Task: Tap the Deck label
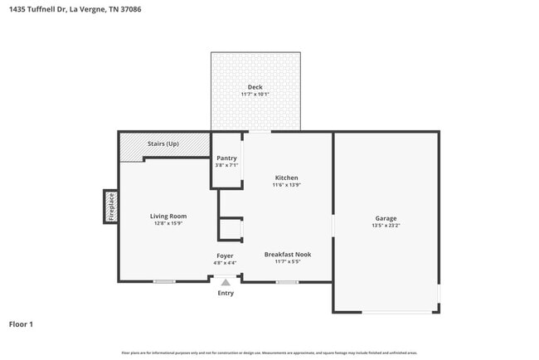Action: click(256, 87)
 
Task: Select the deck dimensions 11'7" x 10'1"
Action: click(256, 95)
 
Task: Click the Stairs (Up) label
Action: click(163, 144)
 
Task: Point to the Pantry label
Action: click(226, 158)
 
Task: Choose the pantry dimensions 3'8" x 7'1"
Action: click(226, 165)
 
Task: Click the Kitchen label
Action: click(286, 178)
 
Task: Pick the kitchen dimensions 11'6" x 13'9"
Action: click(286, 185)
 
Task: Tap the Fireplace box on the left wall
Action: click(110, 207)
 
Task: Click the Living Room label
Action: click(168, 216)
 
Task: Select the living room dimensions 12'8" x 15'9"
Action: click(168, 223)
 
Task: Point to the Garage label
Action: click(386, 218)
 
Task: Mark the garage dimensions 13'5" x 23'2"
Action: click(386, 226)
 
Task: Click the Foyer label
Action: click(225, 255)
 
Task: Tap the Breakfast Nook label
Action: click(288, 254)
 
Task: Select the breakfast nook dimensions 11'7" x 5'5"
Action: click(288, 262)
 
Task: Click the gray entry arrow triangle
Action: click(225, 283)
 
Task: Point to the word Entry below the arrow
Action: click(225, 293)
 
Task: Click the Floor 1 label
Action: click(21, 324)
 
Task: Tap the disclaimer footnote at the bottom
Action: click(269, 353)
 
